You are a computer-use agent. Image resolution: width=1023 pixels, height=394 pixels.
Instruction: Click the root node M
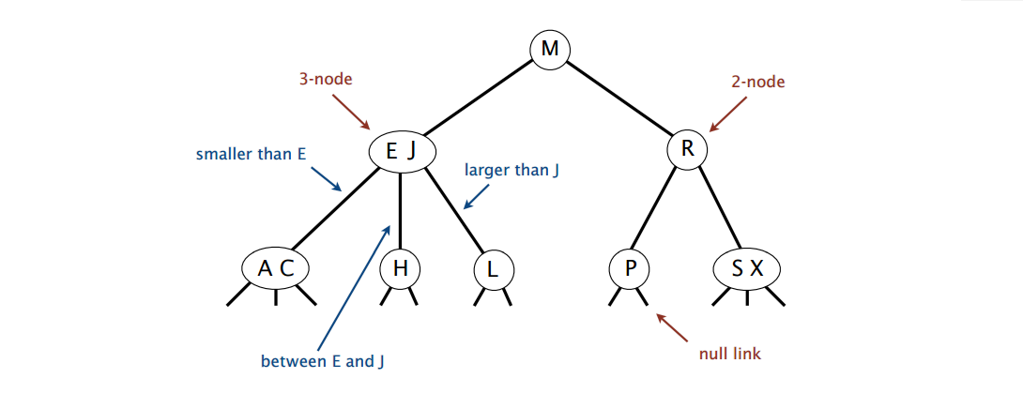click(x=549, y=48)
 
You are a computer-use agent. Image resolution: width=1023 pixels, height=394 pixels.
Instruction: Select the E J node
click(x=401, y=150)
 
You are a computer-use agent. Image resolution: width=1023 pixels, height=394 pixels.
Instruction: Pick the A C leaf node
click(x=275, y=269)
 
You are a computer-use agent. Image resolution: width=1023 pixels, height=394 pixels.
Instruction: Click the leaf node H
click(x=401, y=269)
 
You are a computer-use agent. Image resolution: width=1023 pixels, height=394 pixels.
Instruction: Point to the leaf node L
click(x=492, y=269)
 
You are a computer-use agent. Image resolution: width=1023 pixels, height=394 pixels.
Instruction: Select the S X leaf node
click(x=747, y=269)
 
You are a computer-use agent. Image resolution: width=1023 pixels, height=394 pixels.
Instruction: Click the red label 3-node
click(x=326, y=80)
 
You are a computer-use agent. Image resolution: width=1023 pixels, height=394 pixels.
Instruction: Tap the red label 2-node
click(x=757, y=82)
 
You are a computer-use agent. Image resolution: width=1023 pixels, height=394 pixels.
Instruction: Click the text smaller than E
click(x=251, y=152)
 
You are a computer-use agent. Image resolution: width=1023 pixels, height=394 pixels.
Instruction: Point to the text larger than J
click(x=512, y=171)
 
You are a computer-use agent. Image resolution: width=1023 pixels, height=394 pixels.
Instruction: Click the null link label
click(x=729, y=354)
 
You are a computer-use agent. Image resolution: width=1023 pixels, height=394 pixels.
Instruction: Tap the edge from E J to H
click(x=401, y=211)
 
